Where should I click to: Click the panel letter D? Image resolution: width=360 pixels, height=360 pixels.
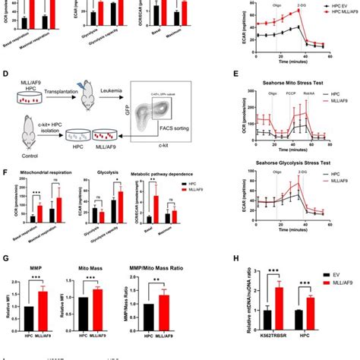point(6,76)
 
